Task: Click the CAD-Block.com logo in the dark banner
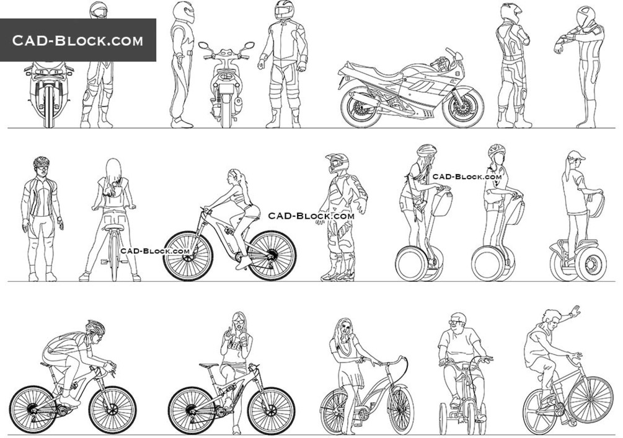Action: pyautogui.click(x=77, y=40)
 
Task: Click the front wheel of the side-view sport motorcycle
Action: pyautogui.click(x=463, y=107)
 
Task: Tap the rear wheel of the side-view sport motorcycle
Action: pyautogui.click(x=361, y=108)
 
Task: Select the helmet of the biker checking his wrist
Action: pyautogui.click(x=585, y=17)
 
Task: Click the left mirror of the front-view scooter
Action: pyautogui.click(x=203, y=46)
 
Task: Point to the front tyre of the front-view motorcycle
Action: pyautogui.click(x=48, y=106)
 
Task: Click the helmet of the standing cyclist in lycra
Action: pyautogui.click(x=42, y=162)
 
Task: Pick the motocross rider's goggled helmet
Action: pyautogui.click(x=337, y=163)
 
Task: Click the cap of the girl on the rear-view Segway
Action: pyautogui.click(x=575, y=155)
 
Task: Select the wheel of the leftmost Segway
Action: pyautogui.click(x=411, y=264)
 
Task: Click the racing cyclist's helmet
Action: pyautogui.click(x=95, y=328)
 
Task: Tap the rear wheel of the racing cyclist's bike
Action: pyautogui.click(x=33, y=410)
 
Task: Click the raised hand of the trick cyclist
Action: pyautogui.click(x=575, y=312)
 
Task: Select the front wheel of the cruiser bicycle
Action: pyautogui.click(x=400, y=410)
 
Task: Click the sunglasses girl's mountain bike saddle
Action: pyautogui.click(x=209, y=364)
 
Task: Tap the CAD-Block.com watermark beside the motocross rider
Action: pyautogui.click(x=311, y=216)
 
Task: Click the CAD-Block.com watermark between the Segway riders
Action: pyautogui.click(x=467, y=177)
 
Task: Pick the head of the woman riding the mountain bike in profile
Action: pyautogui.click(x=234, y=177)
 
